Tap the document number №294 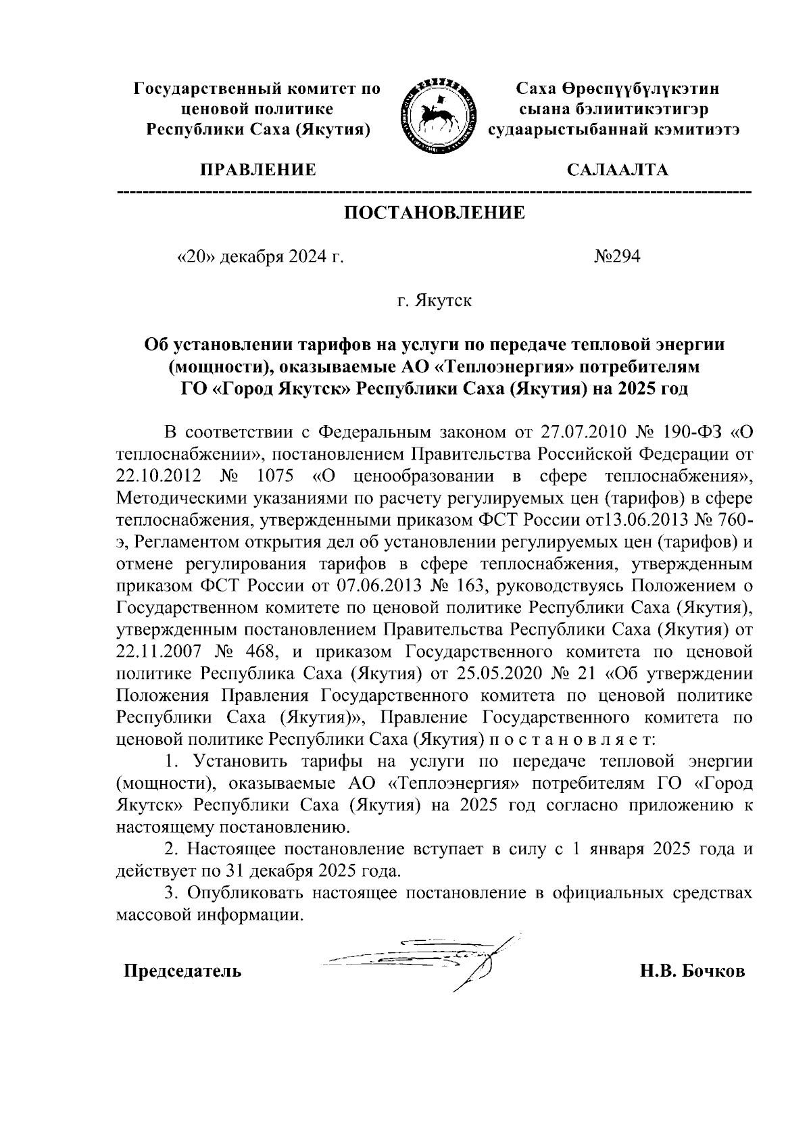[616, 257]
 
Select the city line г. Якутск [435, 300]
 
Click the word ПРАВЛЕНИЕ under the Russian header [257, 170]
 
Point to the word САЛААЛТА [617, 170]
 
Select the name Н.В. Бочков [693, 971]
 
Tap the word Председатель [182, 971]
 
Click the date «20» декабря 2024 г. [260, 257]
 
